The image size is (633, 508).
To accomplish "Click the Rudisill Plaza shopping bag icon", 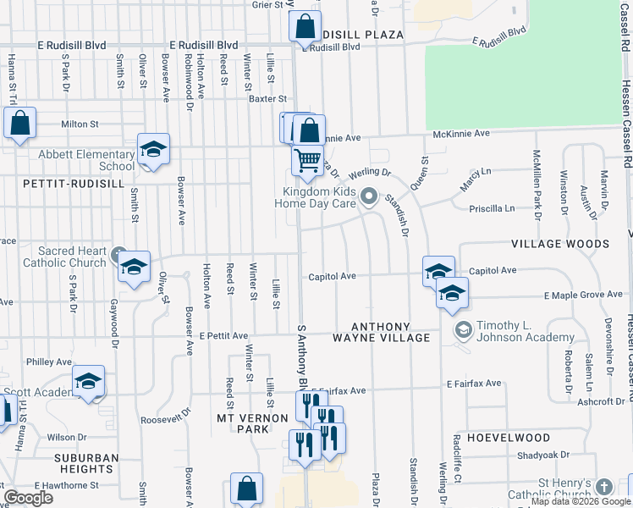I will tap(305, 25).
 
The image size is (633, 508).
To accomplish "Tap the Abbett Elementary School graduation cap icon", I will tap(153, 149).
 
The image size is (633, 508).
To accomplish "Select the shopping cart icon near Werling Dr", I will tap(307, 158).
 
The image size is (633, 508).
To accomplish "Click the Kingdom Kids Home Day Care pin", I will tap(368, 198).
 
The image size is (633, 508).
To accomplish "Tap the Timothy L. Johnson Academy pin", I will tap(463, 329).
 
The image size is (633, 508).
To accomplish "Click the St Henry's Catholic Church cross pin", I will tap(603, 487).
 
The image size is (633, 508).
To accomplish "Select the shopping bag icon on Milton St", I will tap(20, 123).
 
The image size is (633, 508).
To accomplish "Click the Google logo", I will tap(28, 498).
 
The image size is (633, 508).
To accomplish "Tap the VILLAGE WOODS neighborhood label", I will tap(559, 244).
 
